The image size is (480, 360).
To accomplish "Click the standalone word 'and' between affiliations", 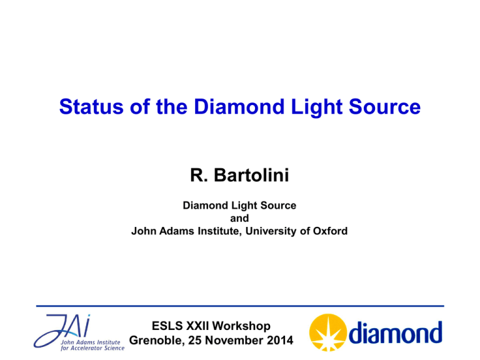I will pyautogui.click(x=239, y=218).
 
